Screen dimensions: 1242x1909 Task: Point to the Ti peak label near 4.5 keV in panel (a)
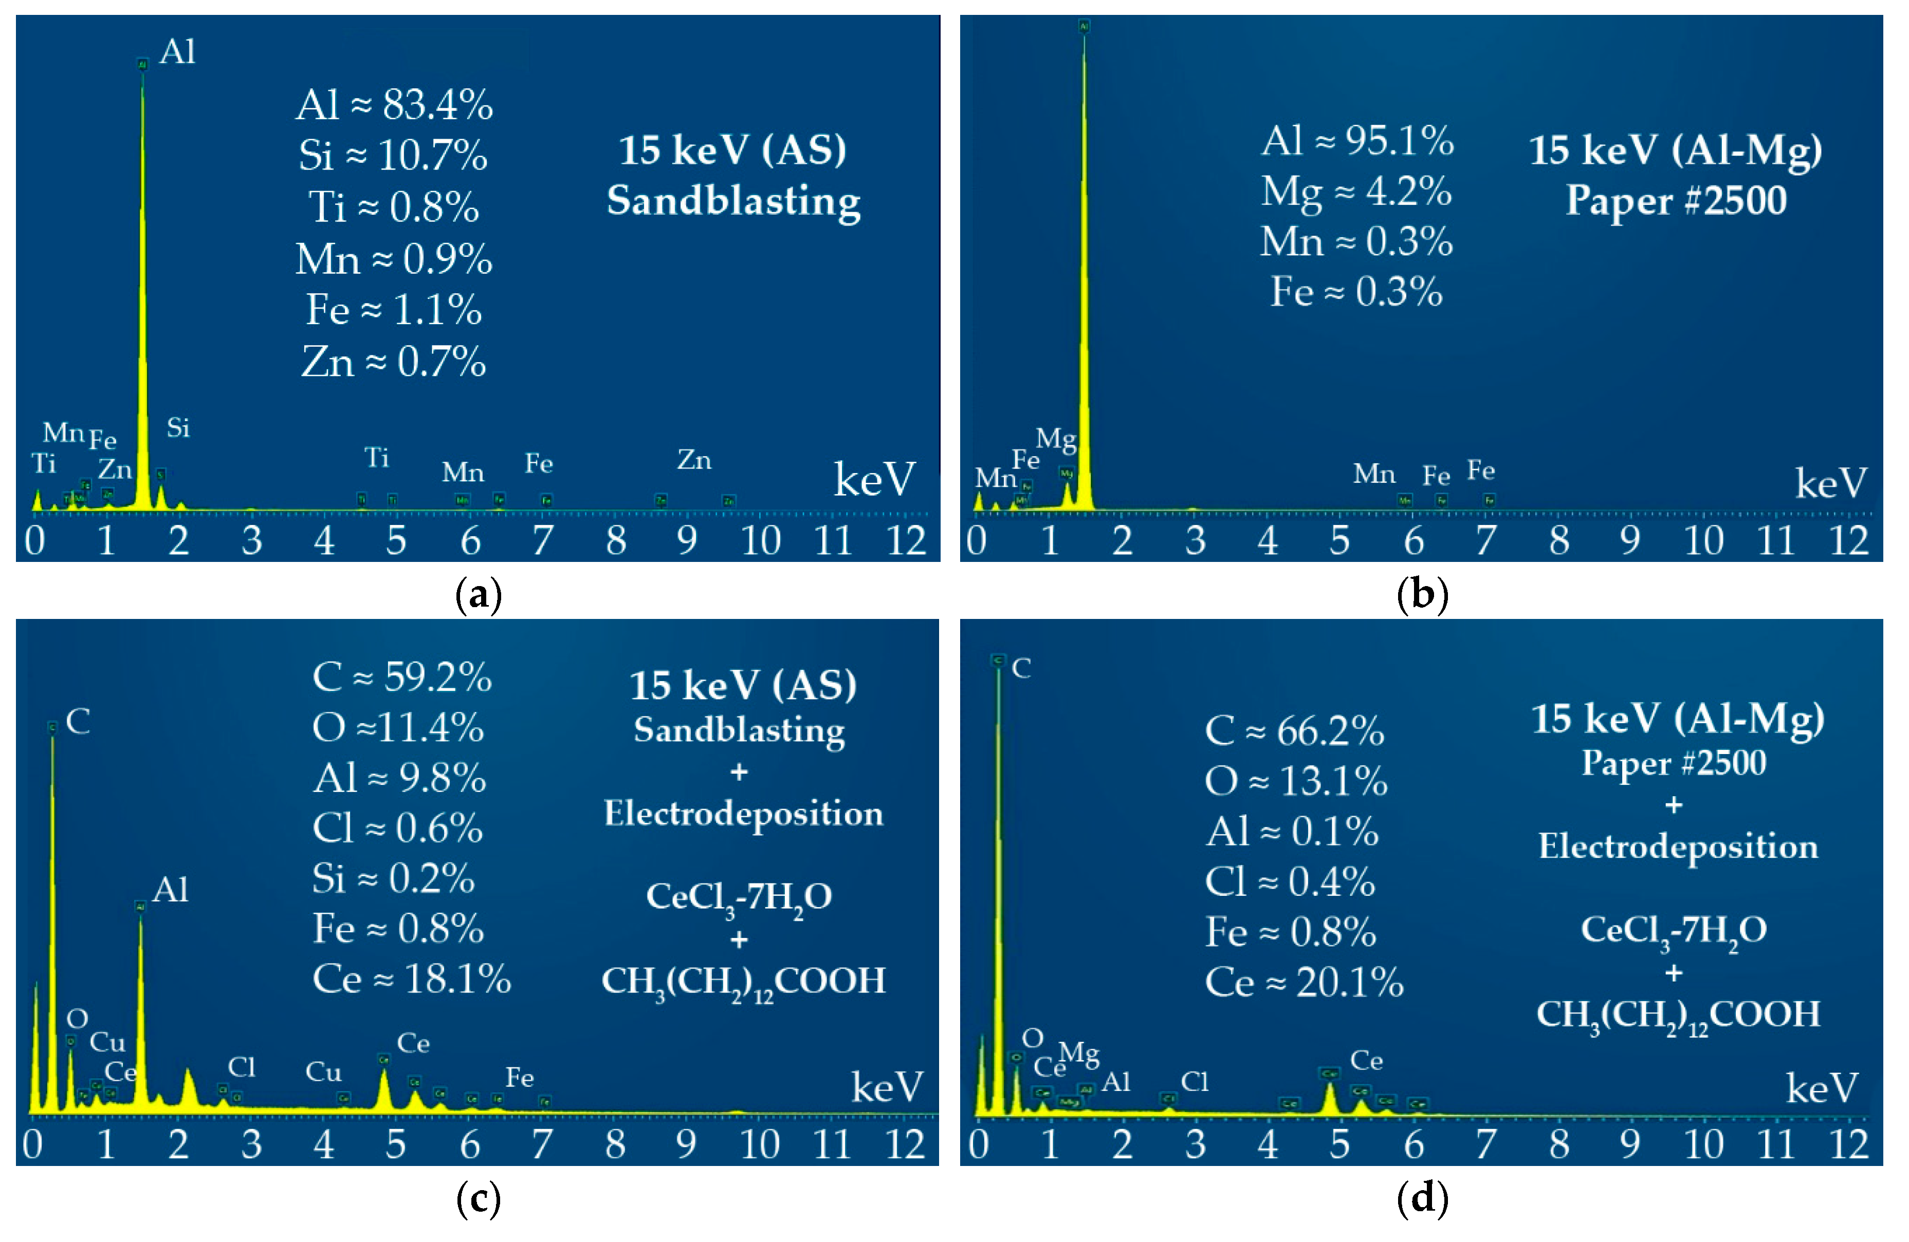pos(376,458)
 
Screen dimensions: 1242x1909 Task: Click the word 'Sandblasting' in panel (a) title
pos(733,200)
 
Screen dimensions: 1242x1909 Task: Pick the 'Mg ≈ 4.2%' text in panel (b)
pos(1355,192)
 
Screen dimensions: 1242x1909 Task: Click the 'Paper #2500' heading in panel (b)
pos(1676,200)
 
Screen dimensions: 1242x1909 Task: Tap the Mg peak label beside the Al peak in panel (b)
pos(1056,439)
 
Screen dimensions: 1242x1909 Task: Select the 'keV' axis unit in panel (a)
pos(873,479)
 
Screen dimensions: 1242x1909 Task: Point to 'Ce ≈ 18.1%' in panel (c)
pos(411,979)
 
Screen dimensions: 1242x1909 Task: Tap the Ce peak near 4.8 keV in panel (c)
pos(384,1090)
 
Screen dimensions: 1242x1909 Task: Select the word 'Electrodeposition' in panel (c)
pos(743,814)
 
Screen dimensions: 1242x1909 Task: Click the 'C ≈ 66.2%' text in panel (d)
pos(1294,730)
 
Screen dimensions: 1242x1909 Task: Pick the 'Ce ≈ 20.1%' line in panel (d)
pos(1304,982)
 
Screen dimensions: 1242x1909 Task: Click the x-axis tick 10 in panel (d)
pos(1703,1145)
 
